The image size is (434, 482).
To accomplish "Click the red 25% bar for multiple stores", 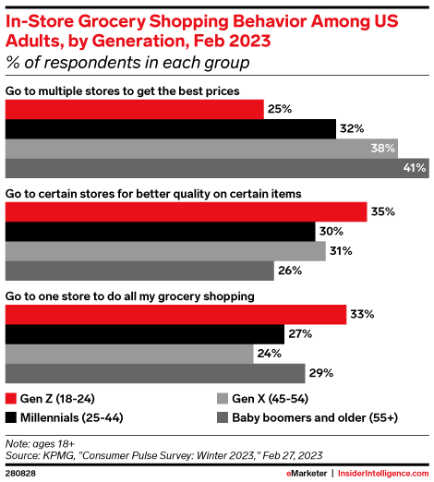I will pos(134,109).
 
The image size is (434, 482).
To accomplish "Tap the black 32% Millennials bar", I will pos(170,128).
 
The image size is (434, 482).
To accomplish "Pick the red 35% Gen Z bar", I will pos(186,211).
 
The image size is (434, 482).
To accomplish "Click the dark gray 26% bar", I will pos(139,270).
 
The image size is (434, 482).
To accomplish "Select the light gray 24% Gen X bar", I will pos(129,354).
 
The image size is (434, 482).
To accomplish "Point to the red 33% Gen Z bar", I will pos(175,314).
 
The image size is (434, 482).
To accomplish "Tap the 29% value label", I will pos(321,372).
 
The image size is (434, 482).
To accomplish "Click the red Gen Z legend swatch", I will pos(11,399).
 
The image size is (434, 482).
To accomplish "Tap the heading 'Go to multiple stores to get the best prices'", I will pos(123,90).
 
